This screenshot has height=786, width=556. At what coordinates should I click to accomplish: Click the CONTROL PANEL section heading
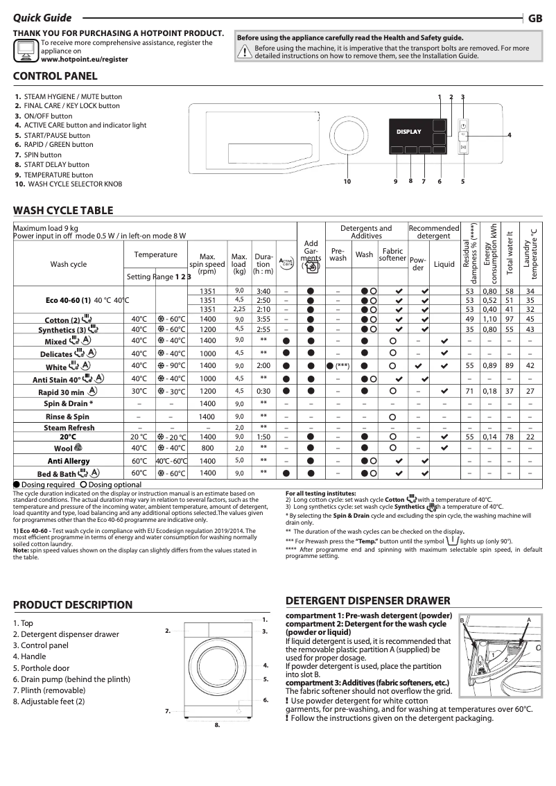[55, 76]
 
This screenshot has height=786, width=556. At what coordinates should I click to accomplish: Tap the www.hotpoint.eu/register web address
[85, 60]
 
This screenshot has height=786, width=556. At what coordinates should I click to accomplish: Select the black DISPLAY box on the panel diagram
[408, 131]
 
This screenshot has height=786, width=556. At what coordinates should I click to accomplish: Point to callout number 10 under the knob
[347, 182]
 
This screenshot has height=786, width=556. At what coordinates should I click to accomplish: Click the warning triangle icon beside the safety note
[245, 52]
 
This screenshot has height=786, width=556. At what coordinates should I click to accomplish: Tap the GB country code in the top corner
[535, 19]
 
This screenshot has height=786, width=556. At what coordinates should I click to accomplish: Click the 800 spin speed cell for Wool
[207, 448]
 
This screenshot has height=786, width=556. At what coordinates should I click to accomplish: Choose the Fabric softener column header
[392, 254]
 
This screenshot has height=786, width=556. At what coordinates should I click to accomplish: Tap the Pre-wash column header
[338, 254]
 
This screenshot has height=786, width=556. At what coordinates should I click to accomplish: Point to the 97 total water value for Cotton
[510, 319]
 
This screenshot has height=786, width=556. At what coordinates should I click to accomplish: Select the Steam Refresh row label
[69, 428]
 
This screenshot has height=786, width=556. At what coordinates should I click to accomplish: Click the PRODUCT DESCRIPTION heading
[73, 605]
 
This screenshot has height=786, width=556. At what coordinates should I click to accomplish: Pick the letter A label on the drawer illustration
[528, 619]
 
